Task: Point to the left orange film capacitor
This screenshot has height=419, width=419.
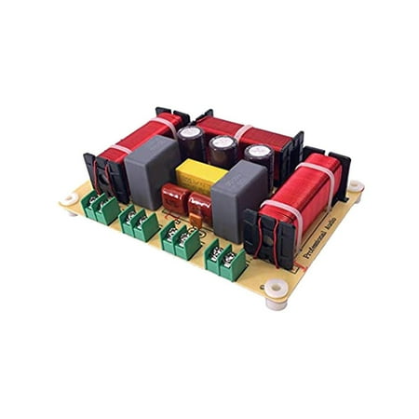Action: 174,197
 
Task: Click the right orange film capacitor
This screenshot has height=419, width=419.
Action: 199,207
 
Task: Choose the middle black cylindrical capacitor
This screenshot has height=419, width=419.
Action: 222,151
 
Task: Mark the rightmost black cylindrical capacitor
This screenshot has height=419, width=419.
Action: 258,158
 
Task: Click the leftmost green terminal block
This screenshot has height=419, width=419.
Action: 100,209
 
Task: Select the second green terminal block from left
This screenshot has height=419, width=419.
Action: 139,224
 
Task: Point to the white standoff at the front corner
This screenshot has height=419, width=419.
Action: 275,293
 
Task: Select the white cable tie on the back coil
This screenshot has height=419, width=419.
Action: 240,131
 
